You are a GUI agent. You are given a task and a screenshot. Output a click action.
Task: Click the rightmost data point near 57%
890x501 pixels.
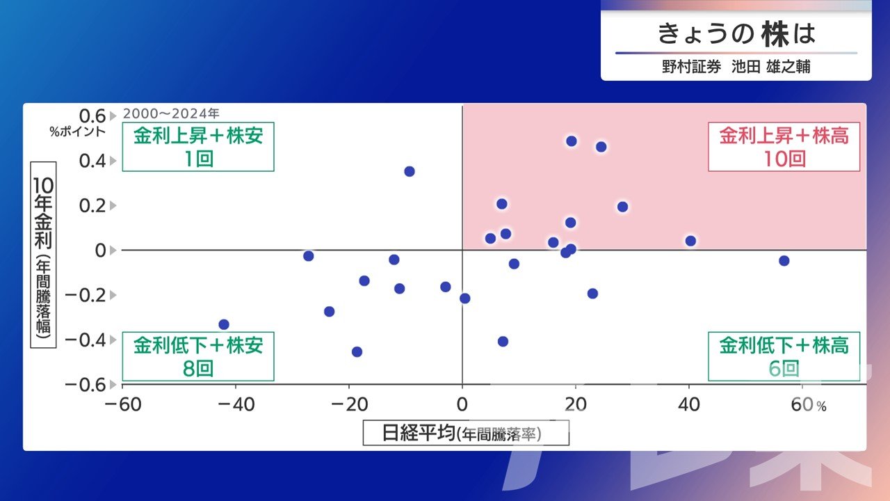tap(784, 261)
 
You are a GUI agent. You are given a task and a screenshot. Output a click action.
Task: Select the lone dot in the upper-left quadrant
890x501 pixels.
tap(410, 171)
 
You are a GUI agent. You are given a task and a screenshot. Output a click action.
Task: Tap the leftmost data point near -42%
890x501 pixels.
tap(224, 324)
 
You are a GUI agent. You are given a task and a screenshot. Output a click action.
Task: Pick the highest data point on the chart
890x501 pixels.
tap(572, 141)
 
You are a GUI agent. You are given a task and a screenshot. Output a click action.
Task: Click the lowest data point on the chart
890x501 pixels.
tap(357, 352)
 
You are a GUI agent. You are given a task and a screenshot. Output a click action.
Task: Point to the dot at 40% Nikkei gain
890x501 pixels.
tap(690, 241)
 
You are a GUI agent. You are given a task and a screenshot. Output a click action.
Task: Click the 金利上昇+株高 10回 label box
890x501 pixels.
tap(784, 147)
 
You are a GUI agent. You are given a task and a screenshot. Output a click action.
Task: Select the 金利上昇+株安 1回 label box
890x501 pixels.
tap(198, 147)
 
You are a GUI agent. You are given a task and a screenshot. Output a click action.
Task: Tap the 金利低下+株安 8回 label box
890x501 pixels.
tap(198, 356)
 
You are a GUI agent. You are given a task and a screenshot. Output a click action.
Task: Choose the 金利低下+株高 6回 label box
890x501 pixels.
tap(784, 356)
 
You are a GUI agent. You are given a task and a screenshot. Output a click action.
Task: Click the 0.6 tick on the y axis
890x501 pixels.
tap(92, 116)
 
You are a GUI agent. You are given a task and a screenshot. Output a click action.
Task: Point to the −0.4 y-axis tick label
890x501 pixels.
tap(86, 340)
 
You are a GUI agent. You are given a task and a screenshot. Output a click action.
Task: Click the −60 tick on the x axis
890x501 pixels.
tap(123, 405)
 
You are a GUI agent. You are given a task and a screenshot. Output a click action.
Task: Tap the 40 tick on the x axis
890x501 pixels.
tap(689, 405)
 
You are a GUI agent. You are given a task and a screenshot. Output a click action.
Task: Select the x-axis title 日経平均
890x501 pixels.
tap(419, 433)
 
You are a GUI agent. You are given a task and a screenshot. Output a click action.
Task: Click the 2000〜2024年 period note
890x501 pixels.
tap(171, 113)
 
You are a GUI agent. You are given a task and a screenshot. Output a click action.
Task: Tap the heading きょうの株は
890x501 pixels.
tap(736, 34)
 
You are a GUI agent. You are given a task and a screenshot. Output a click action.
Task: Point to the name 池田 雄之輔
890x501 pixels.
tap(771, 66)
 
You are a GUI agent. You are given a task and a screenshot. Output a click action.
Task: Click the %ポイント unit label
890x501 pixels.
tap(77, 132)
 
